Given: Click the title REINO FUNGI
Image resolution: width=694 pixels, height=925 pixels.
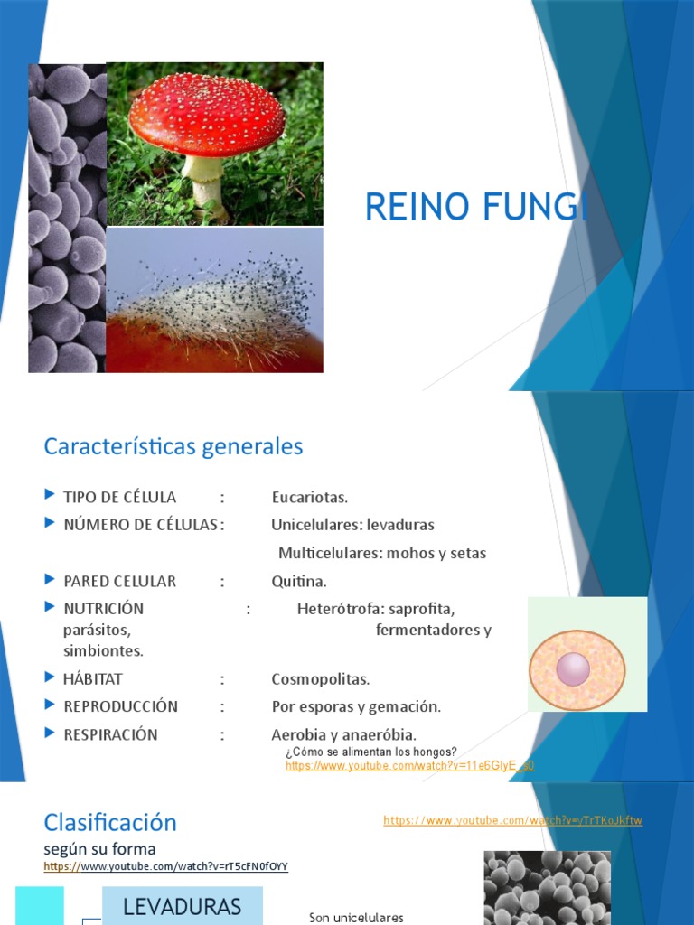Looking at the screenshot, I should pos(476,208).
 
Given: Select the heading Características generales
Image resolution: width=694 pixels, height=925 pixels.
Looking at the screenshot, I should pos(173,446).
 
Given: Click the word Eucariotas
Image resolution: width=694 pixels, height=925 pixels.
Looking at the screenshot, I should pos(309,497).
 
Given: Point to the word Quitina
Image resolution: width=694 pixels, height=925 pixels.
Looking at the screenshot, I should pos(299,581).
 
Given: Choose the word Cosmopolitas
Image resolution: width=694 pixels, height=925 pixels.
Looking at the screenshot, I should pos(321,678).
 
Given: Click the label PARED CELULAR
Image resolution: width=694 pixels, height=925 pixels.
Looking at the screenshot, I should pos(119,581).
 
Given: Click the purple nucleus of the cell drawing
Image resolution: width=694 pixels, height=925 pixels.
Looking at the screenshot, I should pos(573,669).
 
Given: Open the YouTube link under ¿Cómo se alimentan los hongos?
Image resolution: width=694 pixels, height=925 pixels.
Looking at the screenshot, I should pos(409,766).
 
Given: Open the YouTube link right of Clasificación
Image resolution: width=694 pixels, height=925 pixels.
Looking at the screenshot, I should pos(512,820).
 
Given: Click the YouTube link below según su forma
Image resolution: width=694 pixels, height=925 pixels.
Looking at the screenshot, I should pos(165,866).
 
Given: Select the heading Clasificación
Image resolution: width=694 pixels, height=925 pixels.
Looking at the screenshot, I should pos(110,822).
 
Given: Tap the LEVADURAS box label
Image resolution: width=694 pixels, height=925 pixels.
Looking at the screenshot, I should pos(182,907).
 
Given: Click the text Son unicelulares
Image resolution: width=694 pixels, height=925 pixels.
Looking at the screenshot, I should pos(356,918).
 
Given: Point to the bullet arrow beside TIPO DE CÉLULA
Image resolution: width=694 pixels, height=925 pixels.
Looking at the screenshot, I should pos(50,496).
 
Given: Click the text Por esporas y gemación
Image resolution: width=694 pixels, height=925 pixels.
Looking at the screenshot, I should pos(356,706).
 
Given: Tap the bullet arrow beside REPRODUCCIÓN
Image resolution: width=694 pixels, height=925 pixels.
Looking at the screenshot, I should pos(50,705).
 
